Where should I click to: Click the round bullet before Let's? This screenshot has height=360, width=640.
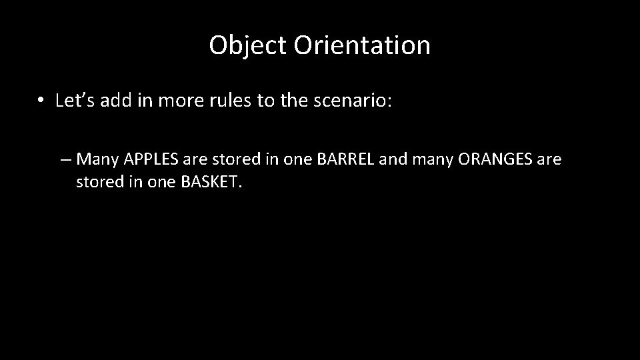pos(41,101)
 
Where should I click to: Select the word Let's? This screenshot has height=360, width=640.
pos(75,101)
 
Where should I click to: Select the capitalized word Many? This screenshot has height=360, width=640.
pos(98,160)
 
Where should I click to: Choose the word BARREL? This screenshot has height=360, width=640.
pos(350,160)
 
